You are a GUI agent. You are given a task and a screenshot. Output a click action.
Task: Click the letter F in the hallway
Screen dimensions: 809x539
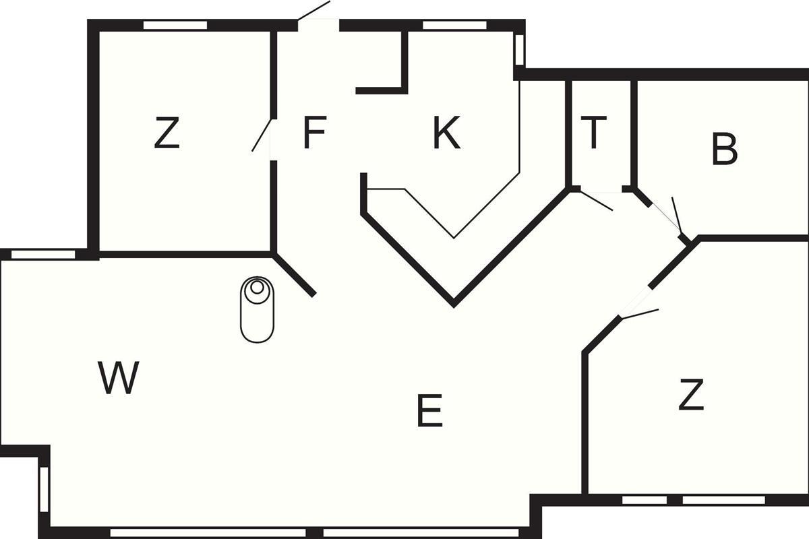(315, 132)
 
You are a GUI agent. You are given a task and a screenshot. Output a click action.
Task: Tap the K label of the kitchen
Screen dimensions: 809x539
(447, 132)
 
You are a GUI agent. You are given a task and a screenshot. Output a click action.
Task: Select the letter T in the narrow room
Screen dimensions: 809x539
(593, 132)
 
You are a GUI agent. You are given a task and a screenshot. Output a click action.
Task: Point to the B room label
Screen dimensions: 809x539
(724, 149)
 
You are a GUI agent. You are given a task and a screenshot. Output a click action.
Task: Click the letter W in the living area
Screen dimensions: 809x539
(119, 377)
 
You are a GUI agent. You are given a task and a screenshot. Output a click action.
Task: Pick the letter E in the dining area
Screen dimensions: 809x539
(430, 411)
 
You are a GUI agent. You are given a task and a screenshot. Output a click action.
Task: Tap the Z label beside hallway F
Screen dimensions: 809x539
(167, 132)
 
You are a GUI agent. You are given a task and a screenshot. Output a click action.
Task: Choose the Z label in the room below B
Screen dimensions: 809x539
(691, 395)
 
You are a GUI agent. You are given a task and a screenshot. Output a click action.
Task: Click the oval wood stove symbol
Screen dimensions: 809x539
(257, 309)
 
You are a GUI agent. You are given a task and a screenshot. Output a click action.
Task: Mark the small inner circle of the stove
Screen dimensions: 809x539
(257, 288)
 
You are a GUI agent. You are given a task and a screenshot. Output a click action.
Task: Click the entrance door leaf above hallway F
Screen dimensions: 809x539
(313, 10)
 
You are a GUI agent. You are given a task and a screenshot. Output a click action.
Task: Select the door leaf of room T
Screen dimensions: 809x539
(596, 200)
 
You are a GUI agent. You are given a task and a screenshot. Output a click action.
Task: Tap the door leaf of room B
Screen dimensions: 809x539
(677, 215)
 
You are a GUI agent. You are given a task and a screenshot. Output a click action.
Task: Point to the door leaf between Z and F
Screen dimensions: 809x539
(262, 135)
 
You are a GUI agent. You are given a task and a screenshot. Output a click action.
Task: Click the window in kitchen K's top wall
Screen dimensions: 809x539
(454, 26)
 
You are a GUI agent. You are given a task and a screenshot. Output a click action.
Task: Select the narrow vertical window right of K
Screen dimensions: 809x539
(519, 50)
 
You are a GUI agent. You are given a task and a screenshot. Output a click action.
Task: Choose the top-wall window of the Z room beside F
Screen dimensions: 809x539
(175, 26)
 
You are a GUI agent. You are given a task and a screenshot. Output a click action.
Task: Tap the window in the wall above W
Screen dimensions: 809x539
(43, 254)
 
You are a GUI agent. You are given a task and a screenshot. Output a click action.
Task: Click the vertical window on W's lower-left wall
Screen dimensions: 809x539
(44, 489)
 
